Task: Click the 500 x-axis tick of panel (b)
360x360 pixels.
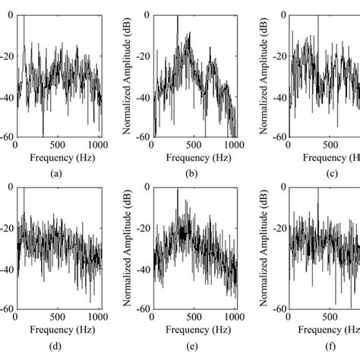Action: [194, 144]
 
